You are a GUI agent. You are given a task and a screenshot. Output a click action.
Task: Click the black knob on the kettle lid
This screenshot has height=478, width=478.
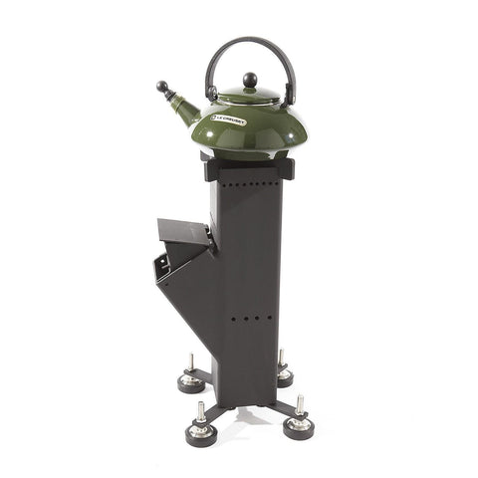250,80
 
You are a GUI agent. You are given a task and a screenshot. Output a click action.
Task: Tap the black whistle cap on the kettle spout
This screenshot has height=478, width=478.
161,87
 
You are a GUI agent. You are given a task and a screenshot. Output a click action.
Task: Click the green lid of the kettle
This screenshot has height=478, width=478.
249,96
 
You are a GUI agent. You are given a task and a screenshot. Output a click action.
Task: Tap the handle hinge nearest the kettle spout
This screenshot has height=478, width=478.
211,98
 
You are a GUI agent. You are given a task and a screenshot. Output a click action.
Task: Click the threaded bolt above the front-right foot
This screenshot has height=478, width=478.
299,405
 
